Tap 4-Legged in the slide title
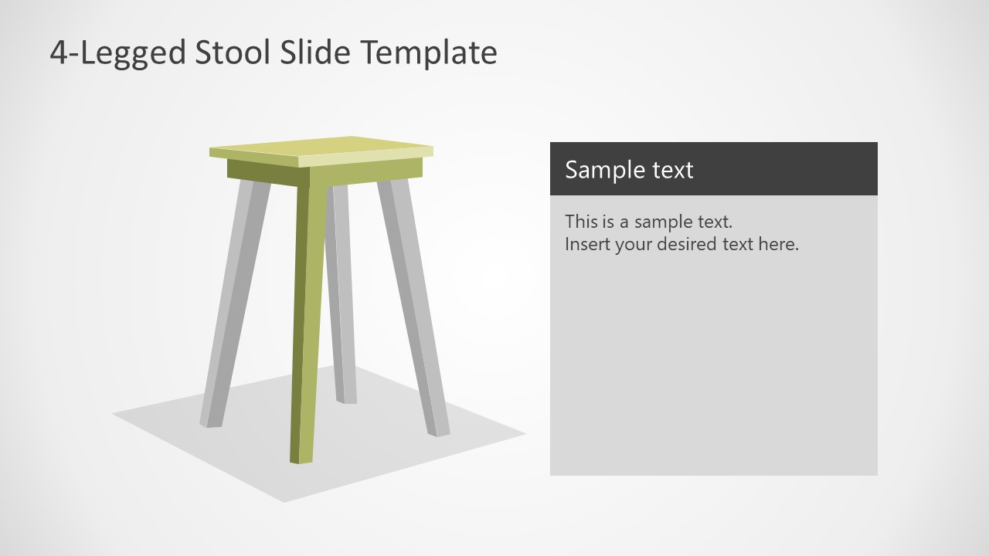(x=117, y=53)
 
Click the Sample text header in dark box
(x=629, y=169)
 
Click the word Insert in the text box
(x=586, y=245)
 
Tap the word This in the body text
(x=580, y=222)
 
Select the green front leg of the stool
(x=308, y=324)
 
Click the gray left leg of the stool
(x=233, y=309)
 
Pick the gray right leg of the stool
(x=413, y=309)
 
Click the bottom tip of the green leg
(x=301, y=459)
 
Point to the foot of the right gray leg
(x=440, y=431)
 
